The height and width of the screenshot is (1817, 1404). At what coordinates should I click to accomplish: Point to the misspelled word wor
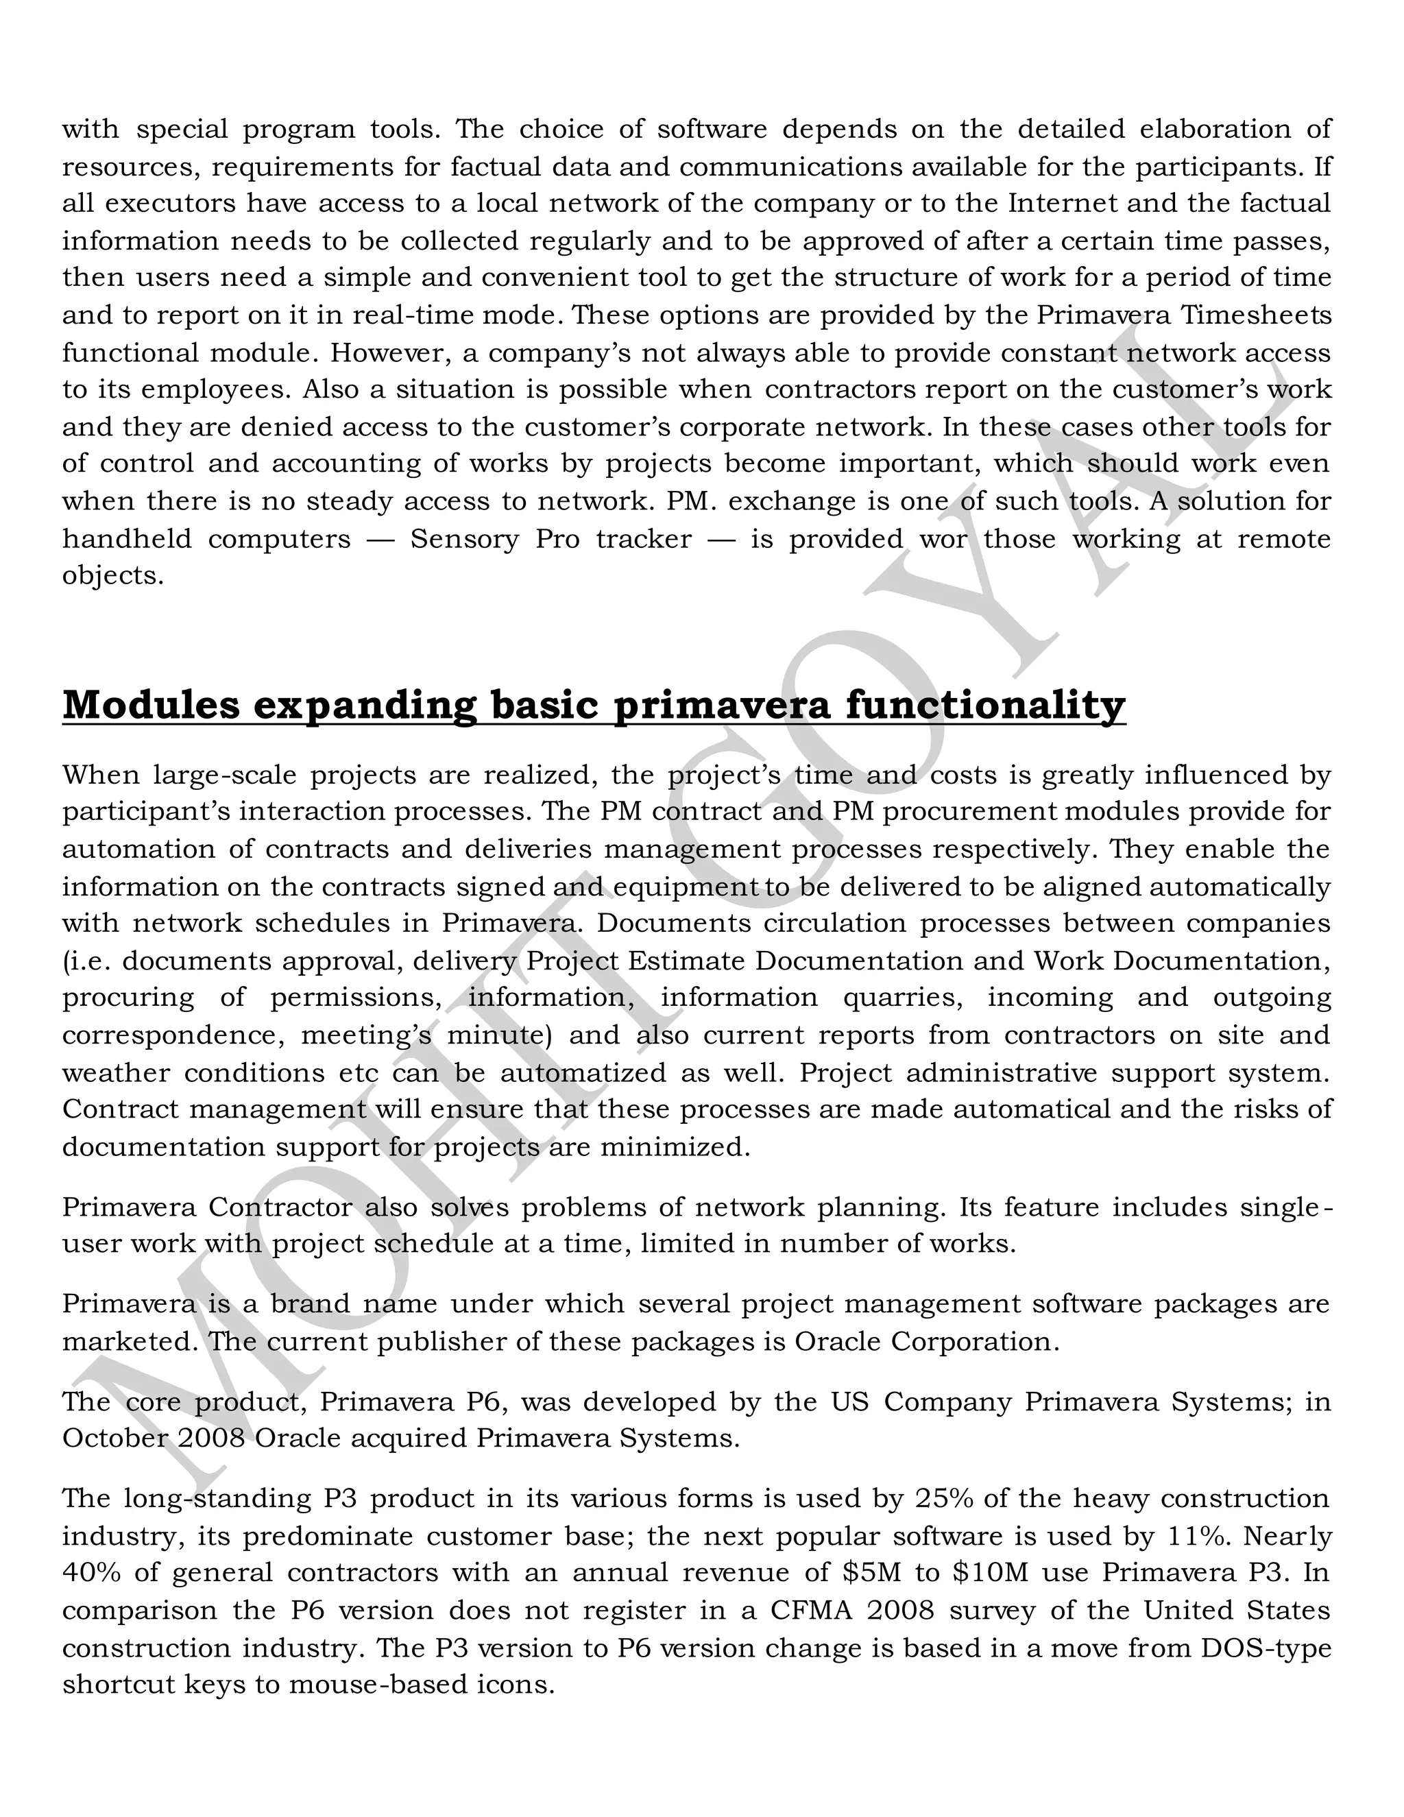(x=943, y=539)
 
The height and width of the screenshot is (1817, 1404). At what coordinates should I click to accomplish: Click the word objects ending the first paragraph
(x=112, y=576)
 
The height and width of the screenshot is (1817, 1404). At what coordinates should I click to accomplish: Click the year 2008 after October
(x=210, y=1438)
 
